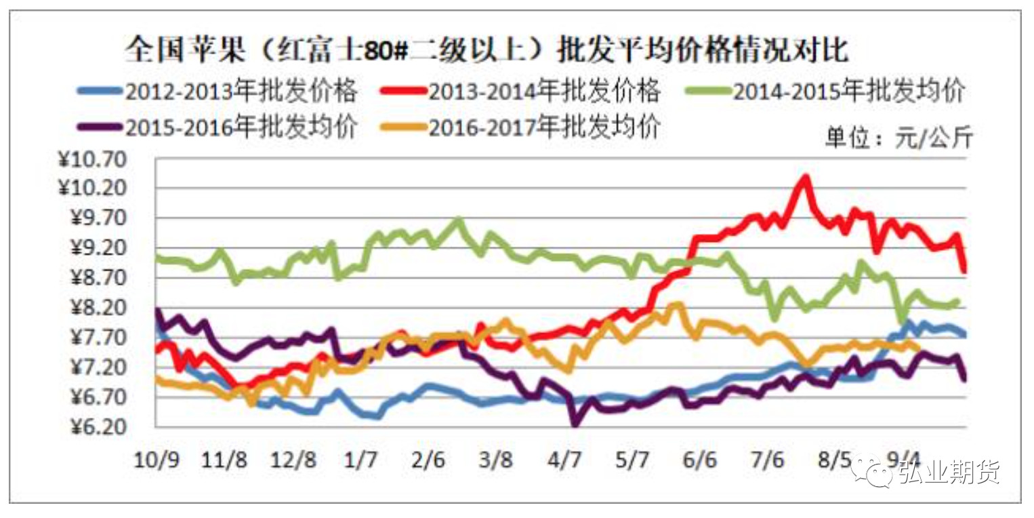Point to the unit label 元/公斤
coord(898,138)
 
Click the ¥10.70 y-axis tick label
coord(92,160)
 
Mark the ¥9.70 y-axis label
coord(96,219)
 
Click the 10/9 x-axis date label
coord(157,460)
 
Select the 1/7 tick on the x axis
coord(360,460)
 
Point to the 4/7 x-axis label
coord(564,460)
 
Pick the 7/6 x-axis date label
coord(767,460)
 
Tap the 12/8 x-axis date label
coord(293,460)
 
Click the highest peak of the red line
coord(805,178)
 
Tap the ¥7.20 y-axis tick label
coord(96,367)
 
